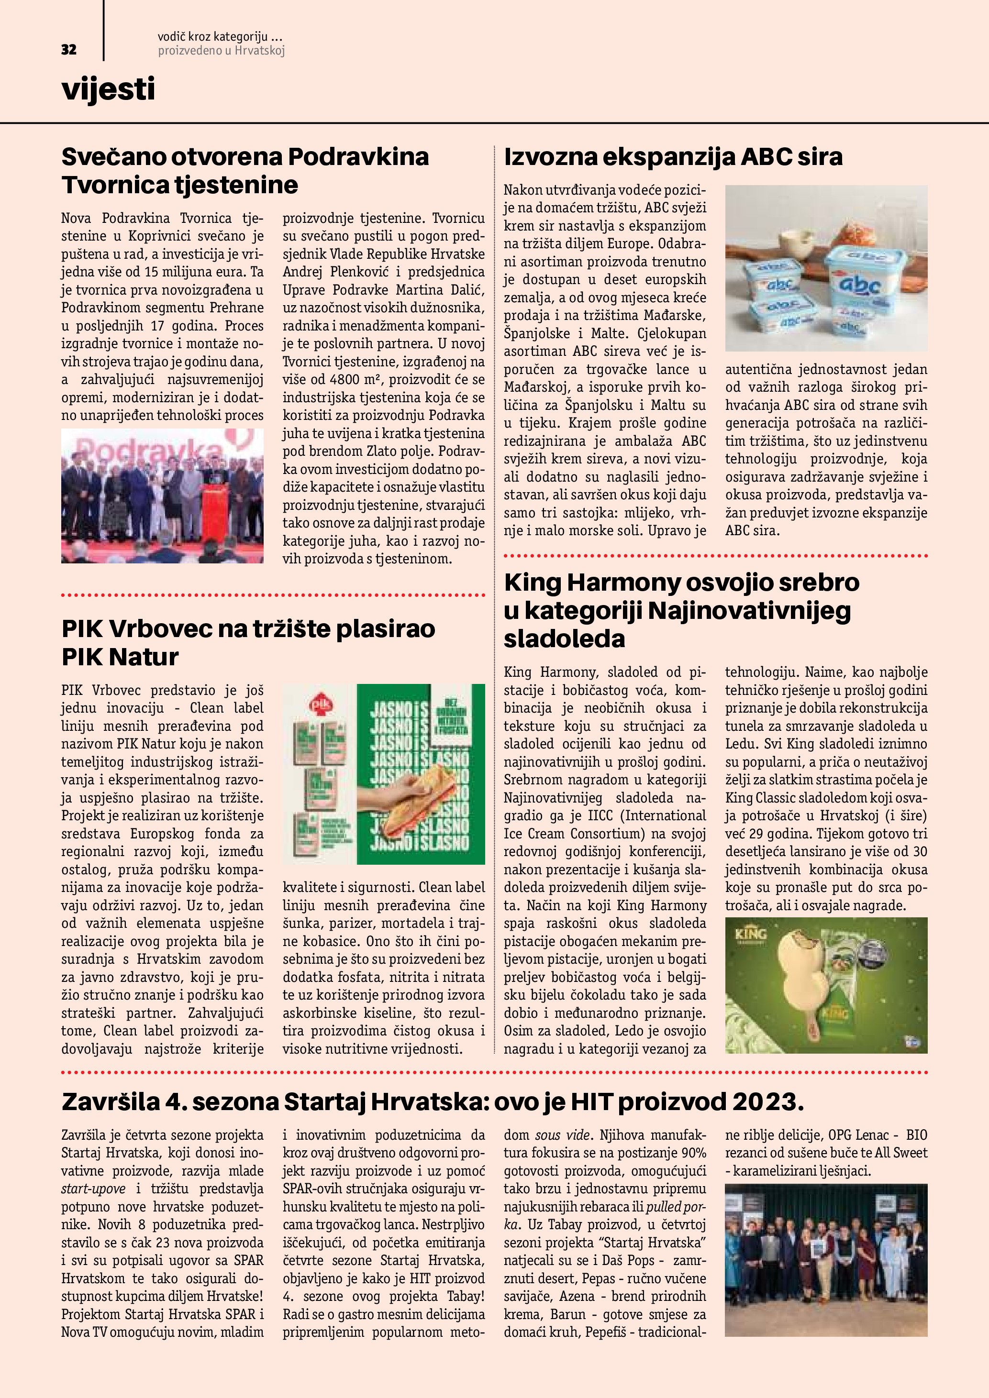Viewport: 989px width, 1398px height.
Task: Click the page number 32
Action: pyautogui.click(x=69, y=50)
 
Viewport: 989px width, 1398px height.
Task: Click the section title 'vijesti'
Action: pyautogui.click(x=109, y=89)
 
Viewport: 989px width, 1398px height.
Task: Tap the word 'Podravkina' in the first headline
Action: pyautogui.click(x=358, y=157)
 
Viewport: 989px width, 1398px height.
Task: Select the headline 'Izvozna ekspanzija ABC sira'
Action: pyautogui.click(x=673, y=157)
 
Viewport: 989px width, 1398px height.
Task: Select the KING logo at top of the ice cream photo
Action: pyautogui.click(x=751, y=934)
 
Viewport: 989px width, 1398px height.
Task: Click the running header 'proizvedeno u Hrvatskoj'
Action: pyautogui.click(x=221, y=51)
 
